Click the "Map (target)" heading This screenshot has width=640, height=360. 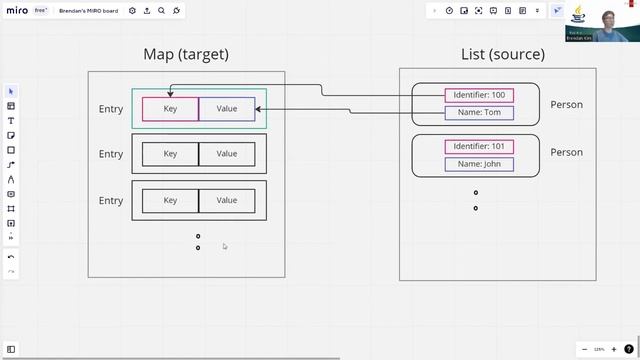tap(186, 54)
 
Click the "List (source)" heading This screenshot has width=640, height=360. tap(503, 54)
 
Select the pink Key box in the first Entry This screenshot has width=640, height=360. tap(170, 109)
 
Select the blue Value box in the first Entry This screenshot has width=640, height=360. tap(227, 109)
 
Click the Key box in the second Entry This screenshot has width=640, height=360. tap(170, 154)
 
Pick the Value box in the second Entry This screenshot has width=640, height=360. tap(227, 154)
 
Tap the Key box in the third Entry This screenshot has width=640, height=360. tap(170, 200)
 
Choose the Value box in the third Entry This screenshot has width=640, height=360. tap(227, 200)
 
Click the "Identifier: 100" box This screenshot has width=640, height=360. tap(479, 96)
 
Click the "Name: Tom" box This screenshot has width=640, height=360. tap(479, 113)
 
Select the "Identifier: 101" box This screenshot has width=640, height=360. tap(479, 147)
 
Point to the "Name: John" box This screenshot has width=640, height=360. tap(479, 164)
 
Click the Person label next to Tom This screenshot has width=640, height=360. tap(566, 105)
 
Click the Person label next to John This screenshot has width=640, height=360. tap(566, 153)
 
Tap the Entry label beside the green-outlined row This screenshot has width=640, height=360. tap(111, 109)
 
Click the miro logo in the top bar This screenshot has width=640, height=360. tap(17, 11)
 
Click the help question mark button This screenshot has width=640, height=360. tap(629, 349)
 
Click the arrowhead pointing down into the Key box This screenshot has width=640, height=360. tap(170, 94)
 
